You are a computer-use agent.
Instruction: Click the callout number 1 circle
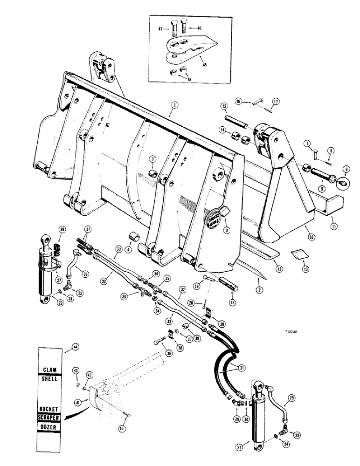tap(173, 106)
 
